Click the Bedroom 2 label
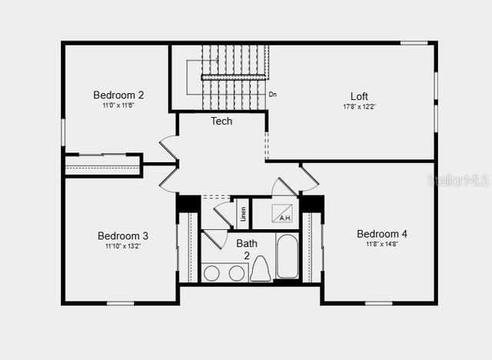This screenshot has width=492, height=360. point(118,95)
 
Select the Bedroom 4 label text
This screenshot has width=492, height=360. point(382,234)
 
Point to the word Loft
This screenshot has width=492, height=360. point(359,96)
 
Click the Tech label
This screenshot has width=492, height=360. point(221,121)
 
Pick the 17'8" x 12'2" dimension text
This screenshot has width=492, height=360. point(359,106)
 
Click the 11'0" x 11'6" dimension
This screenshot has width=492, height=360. point(118,105)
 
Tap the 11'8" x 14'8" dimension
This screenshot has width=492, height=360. point(382,244)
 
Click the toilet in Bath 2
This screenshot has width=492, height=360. point(261,269)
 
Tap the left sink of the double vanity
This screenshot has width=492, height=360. point(211,272)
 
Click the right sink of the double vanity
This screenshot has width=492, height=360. point(237,272)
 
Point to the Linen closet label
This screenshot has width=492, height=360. point(243,213)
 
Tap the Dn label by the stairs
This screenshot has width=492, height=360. point(273,95)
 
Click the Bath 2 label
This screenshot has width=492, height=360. point(247,248)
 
